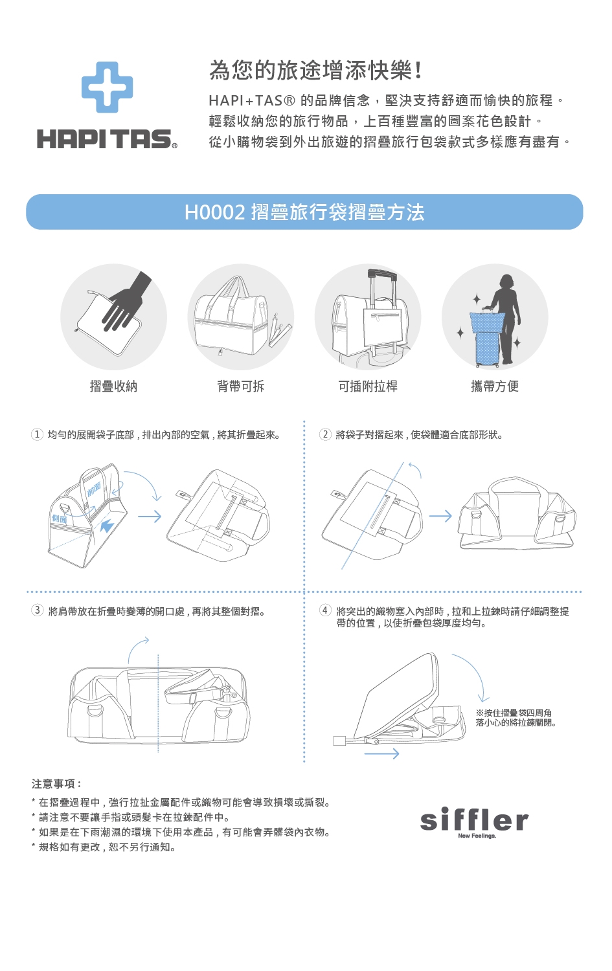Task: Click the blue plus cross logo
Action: point(107,87)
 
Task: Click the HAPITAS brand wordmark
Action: point(107,139)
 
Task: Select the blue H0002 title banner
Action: point(304,212)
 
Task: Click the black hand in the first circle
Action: point(126,302)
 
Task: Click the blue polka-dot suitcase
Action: point(488,339)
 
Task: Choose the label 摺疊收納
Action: point(113,386)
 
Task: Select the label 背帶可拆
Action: point(241,386)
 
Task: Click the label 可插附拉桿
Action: point(368,386)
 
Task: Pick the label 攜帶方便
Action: point(495,386)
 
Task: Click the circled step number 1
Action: point(37,434)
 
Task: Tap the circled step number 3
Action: point(37,610)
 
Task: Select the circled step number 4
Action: point(325,610)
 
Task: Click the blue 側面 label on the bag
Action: point(60,519)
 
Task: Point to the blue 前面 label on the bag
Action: point(94,489)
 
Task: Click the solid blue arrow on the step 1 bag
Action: point(107,527)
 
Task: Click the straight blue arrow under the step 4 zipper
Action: point(381,754)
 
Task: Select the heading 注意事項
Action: point(56,783)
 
